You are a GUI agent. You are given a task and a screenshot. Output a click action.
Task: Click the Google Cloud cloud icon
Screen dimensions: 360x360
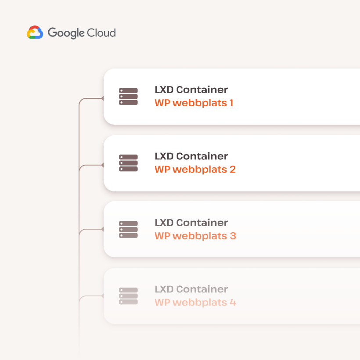pos(35,32)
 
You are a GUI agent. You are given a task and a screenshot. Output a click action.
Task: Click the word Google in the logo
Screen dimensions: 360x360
pos(66,33)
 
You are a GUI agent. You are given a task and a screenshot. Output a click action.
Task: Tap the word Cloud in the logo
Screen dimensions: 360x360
pos(101,32)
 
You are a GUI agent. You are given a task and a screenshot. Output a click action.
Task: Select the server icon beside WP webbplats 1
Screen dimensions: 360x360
pos(128,97)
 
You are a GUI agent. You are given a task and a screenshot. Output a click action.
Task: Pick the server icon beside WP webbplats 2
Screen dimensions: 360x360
pos(128,163)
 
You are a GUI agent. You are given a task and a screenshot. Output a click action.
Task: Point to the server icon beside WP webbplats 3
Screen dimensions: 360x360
pos(128,230)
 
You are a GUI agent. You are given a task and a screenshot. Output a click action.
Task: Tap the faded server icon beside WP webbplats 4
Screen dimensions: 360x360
pos(128,296)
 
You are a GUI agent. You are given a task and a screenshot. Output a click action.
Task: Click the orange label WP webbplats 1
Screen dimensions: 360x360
pos(194,103)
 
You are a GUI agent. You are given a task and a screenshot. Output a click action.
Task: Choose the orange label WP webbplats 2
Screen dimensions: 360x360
pos(195,169)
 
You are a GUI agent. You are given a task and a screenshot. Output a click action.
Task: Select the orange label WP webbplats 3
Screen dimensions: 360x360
pos(195,236)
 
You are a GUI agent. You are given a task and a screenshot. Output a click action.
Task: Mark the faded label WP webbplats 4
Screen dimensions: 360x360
pos(195,302)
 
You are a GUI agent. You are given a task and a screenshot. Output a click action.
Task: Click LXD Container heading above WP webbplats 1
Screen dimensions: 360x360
pos(191,90)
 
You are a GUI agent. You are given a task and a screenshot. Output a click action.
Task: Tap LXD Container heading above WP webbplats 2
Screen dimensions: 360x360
pos(191,156)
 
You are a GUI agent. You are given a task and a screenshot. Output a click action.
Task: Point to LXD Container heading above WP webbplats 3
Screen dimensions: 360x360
pos(191,223)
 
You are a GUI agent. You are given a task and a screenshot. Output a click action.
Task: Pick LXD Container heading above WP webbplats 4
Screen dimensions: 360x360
pos(191,289)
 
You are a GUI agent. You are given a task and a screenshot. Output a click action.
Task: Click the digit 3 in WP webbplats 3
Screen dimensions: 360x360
pos(233,236)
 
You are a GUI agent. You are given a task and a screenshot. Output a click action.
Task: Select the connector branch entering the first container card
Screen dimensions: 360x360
pos(91,98)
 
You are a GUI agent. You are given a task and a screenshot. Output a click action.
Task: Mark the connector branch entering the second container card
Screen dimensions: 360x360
pos(91,165)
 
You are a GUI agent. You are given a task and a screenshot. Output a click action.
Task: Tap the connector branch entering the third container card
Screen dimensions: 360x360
pos(91,229)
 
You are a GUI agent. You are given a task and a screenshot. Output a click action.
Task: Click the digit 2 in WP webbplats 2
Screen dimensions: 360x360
pos(233,169)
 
